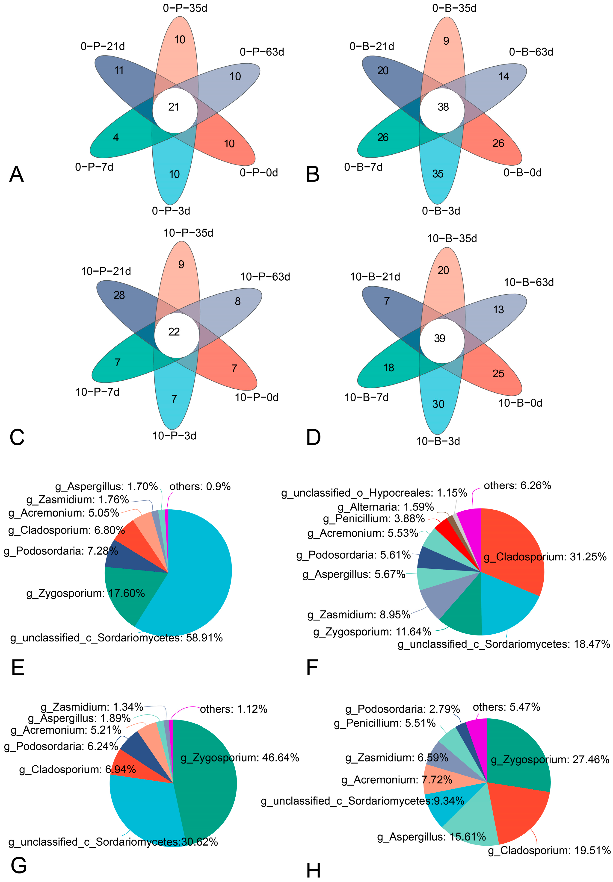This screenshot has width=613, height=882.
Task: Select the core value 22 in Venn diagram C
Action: pyautogui.click(x=174, y=332)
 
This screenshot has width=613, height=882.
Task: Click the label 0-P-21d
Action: pyautogui.click(x=103, y=47)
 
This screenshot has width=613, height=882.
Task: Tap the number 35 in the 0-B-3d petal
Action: pyautogui.click(x=438, y=174)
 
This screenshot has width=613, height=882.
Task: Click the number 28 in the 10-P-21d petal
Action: pyautogui.click(x=119, y=295)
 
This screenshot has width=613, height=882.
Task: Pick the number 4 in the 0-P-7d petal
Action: pyautogui.click(x=115, y=137)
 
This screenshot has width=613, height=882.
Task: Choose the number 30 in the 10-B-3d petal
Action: pyautogui.click(x=438, y=404)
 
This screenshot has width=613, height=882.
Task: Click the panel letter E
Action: pyautogui.click(x=18, y=667)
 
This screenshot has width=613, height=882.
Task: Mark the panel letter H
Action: pyautogui.click(x=313, y=871)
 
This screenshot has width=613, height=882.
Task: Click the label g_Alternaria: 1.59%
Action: pyautogui.click(x=386, y=507)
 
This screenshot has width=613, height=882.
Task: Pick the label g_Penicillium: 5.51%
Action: pyautogui.click(x=385, y=723)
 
